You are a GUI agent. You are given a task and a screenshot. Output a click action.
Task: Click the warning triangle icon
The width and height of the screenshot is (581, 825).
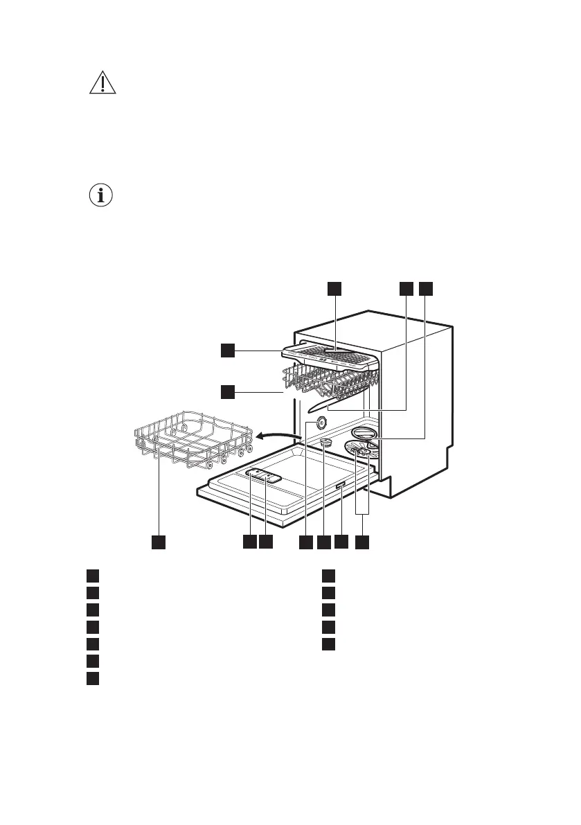point(102,83)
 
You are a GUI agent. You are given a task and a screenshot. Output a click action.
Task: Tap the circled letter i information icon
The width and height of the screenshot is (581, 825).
point(102,196)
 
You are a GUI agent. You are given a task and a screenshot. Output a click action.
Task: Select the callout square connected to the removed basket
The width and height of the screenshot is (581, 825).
point(159,542)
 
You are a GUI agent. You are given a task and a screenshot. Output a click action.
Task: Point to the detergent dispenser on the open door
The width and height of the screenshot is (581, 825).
point(262,475)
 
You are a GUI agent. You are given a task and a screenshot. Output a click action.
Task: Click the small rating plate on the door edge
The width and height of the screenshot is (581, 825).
point(340,489)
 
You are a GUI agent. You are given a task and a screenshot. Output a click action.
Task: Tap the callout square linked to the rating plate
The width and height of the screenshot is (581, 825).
point(340,542)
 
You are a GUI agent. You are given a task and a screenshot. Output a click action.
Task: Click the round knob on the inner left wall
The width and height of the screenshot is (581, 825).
point(321,424)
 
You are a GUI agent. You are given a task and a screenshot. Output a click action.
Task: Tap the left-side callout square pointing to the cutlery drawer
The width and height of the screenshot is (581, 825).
point(228,351)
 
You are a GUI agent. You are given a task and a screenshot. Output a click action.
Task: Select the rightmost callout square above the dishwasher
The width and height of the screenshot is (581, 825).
point(425,290)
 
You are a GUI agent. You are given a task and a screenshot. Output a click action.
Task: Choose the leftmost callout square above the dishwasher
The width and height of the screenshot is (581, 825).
point(334,290)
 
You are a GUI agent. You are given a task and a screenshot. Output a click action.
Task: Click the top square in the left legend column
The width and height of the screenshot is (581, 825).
point(92,575)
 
